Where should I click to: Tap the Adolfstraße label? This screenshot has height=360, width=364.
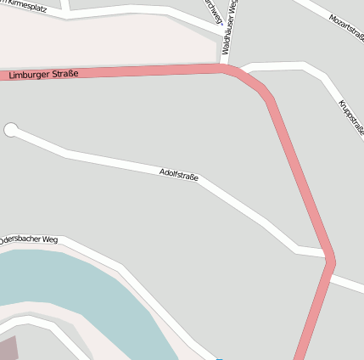[x=178, y=175]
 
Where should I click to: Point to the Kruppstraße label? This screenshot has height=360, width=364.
[x=351, y=117]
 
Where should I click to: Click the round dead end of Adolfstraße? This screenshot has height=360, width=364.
[x=11, y=130]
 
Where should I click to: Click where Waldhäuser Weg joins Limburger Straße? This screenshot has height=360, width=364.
[x=225, y=67]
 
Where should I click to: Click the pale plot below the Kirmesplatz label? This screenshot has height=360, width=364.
[x=102, y=42]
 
